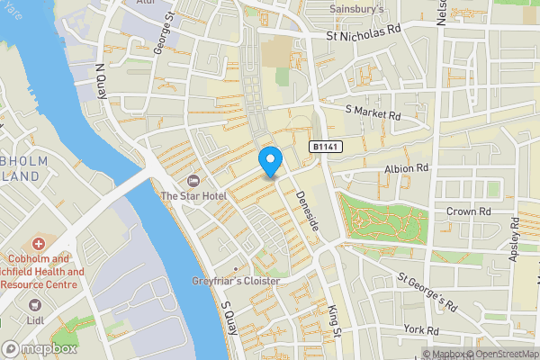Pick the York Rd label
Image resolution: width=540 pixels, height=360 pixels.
419,330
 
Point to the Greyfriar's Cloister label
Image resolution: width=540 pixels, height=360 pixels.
237,281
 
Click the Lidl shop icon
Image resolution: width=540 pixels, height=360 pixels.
37,306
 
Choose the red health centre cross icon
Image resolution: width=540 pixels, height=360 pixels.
38,244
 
